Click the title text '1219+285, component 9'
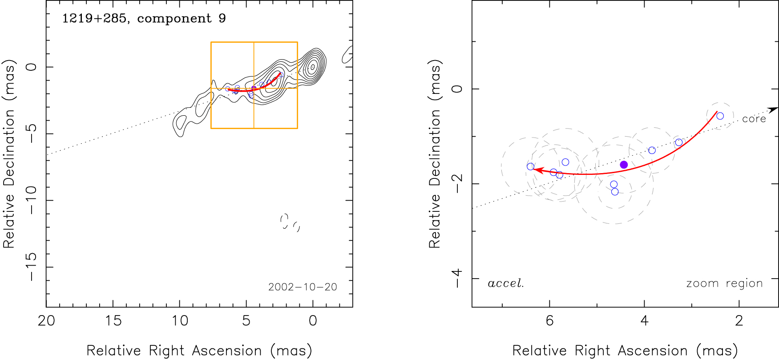(144, 18)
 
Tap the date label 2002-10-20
(303, 287)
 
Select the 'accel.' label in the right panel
(506, 283)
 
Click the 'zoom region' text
(724, 283)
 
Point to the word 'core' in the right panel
(754, 119)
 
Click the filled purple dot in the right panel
(624, 165)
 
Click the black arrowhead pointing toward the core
(774, 109)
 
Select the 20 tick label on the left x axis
(46, 321)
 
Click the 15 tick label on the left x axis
(113, 321)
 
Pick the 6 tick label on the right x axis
(550, 321)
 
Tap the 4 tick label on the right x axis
(645, 321)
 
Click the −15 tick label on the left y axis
(31, 267)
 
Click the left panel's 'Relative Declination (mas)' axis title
(9, 154)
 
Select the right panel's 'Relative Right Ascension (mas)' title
(625, 351)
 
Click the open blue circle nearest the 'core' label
(720, 116)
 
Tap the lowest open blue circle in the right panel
(615, 192)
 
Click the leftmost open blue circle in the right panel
(530, 167)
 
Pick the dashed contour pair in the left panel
(290, 222)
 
